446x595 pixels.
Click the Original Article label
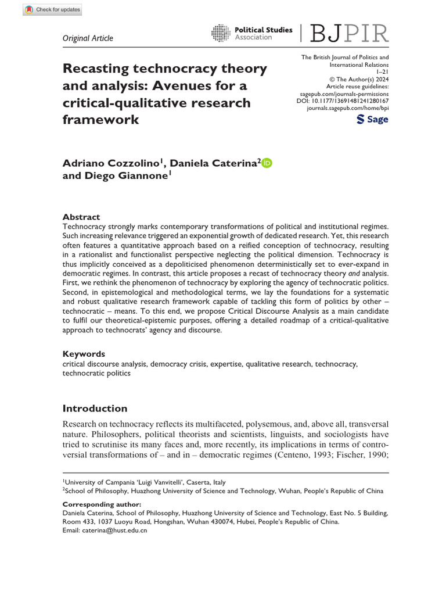(88, 38)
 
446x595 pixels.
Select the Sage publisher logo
(372, 119)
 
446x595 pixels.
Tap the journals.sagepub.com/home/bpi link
(347, 109)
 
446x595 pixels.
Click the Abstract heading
(81, 217)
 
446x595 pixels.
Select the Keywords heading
(84, 353)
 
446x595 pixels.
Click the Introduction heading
(95, 408)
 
